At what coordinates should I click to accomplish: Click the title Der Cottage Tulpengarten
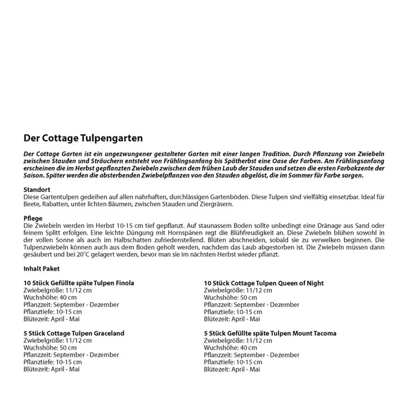point(83,138)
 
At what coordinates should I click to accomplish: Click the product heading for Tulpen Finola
point(79,283)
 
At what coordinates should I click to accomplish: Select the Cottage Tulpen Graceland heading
point(74,333)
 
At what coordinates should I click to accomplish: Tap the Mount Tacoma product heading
point(270,333)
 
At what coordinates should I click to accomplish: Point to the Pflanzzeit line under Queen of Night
point(252,305)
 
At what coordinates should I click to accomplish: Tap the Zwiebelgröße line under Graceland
point(57,341)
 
